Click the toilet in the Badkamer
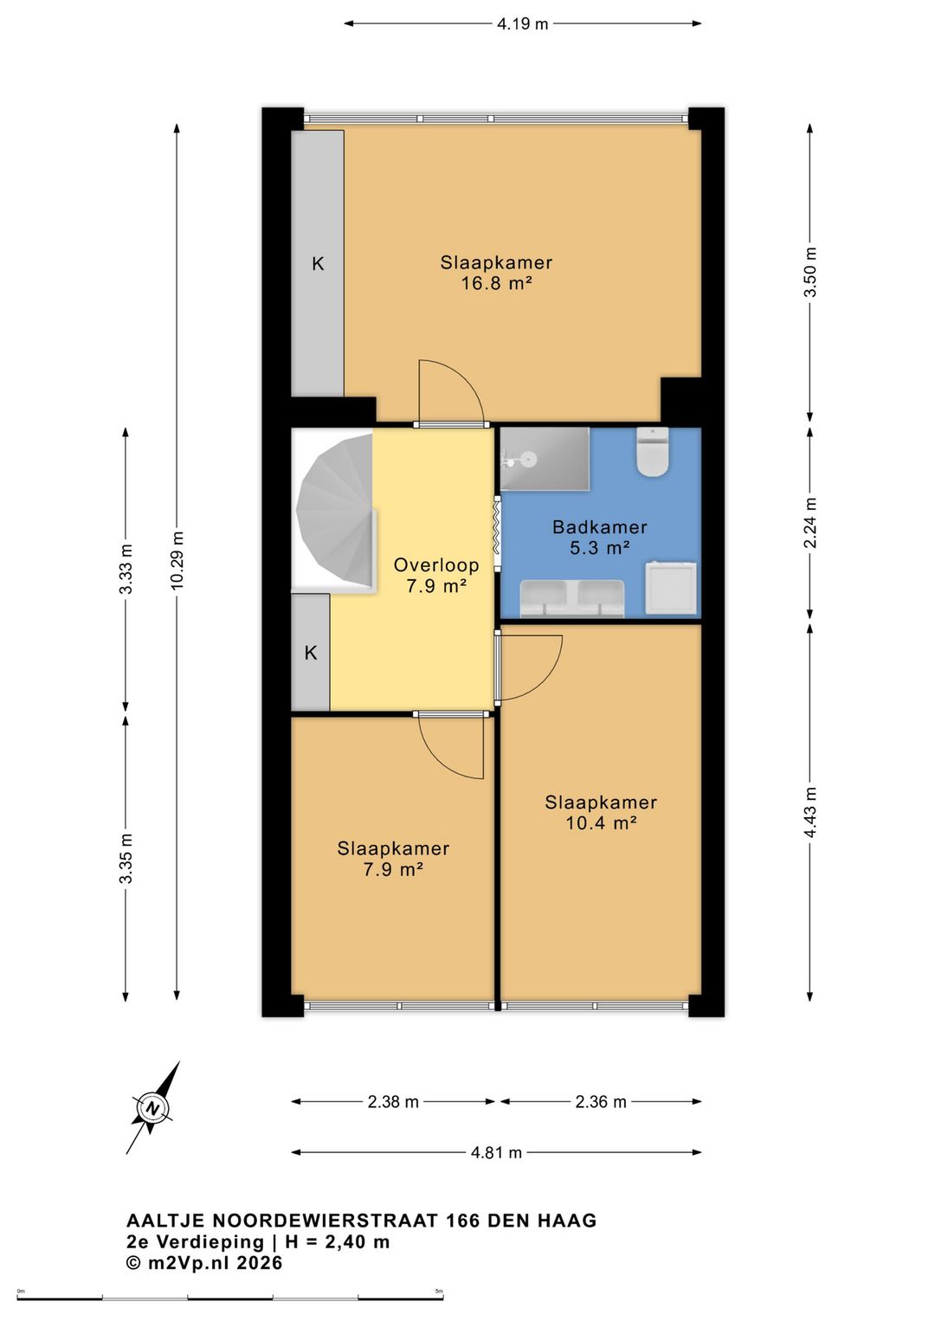click(652, 452)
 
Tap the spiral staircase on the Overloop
click(335, 510)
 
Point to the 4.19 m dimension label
click(523, 24)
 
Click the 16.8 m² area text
click(496, 284)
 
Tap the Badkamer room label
click(599, 526)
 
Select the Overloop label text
click(436, 565)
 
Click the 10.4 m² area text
click(601, 822)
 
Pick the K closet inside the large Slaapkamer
click(318, 263)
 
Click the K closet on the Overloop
click(311, 652)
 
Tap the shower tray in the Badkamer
click(545, 459)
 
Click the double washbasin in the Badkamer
click(571, 598)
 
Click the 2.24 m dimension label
click(810, 523)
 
